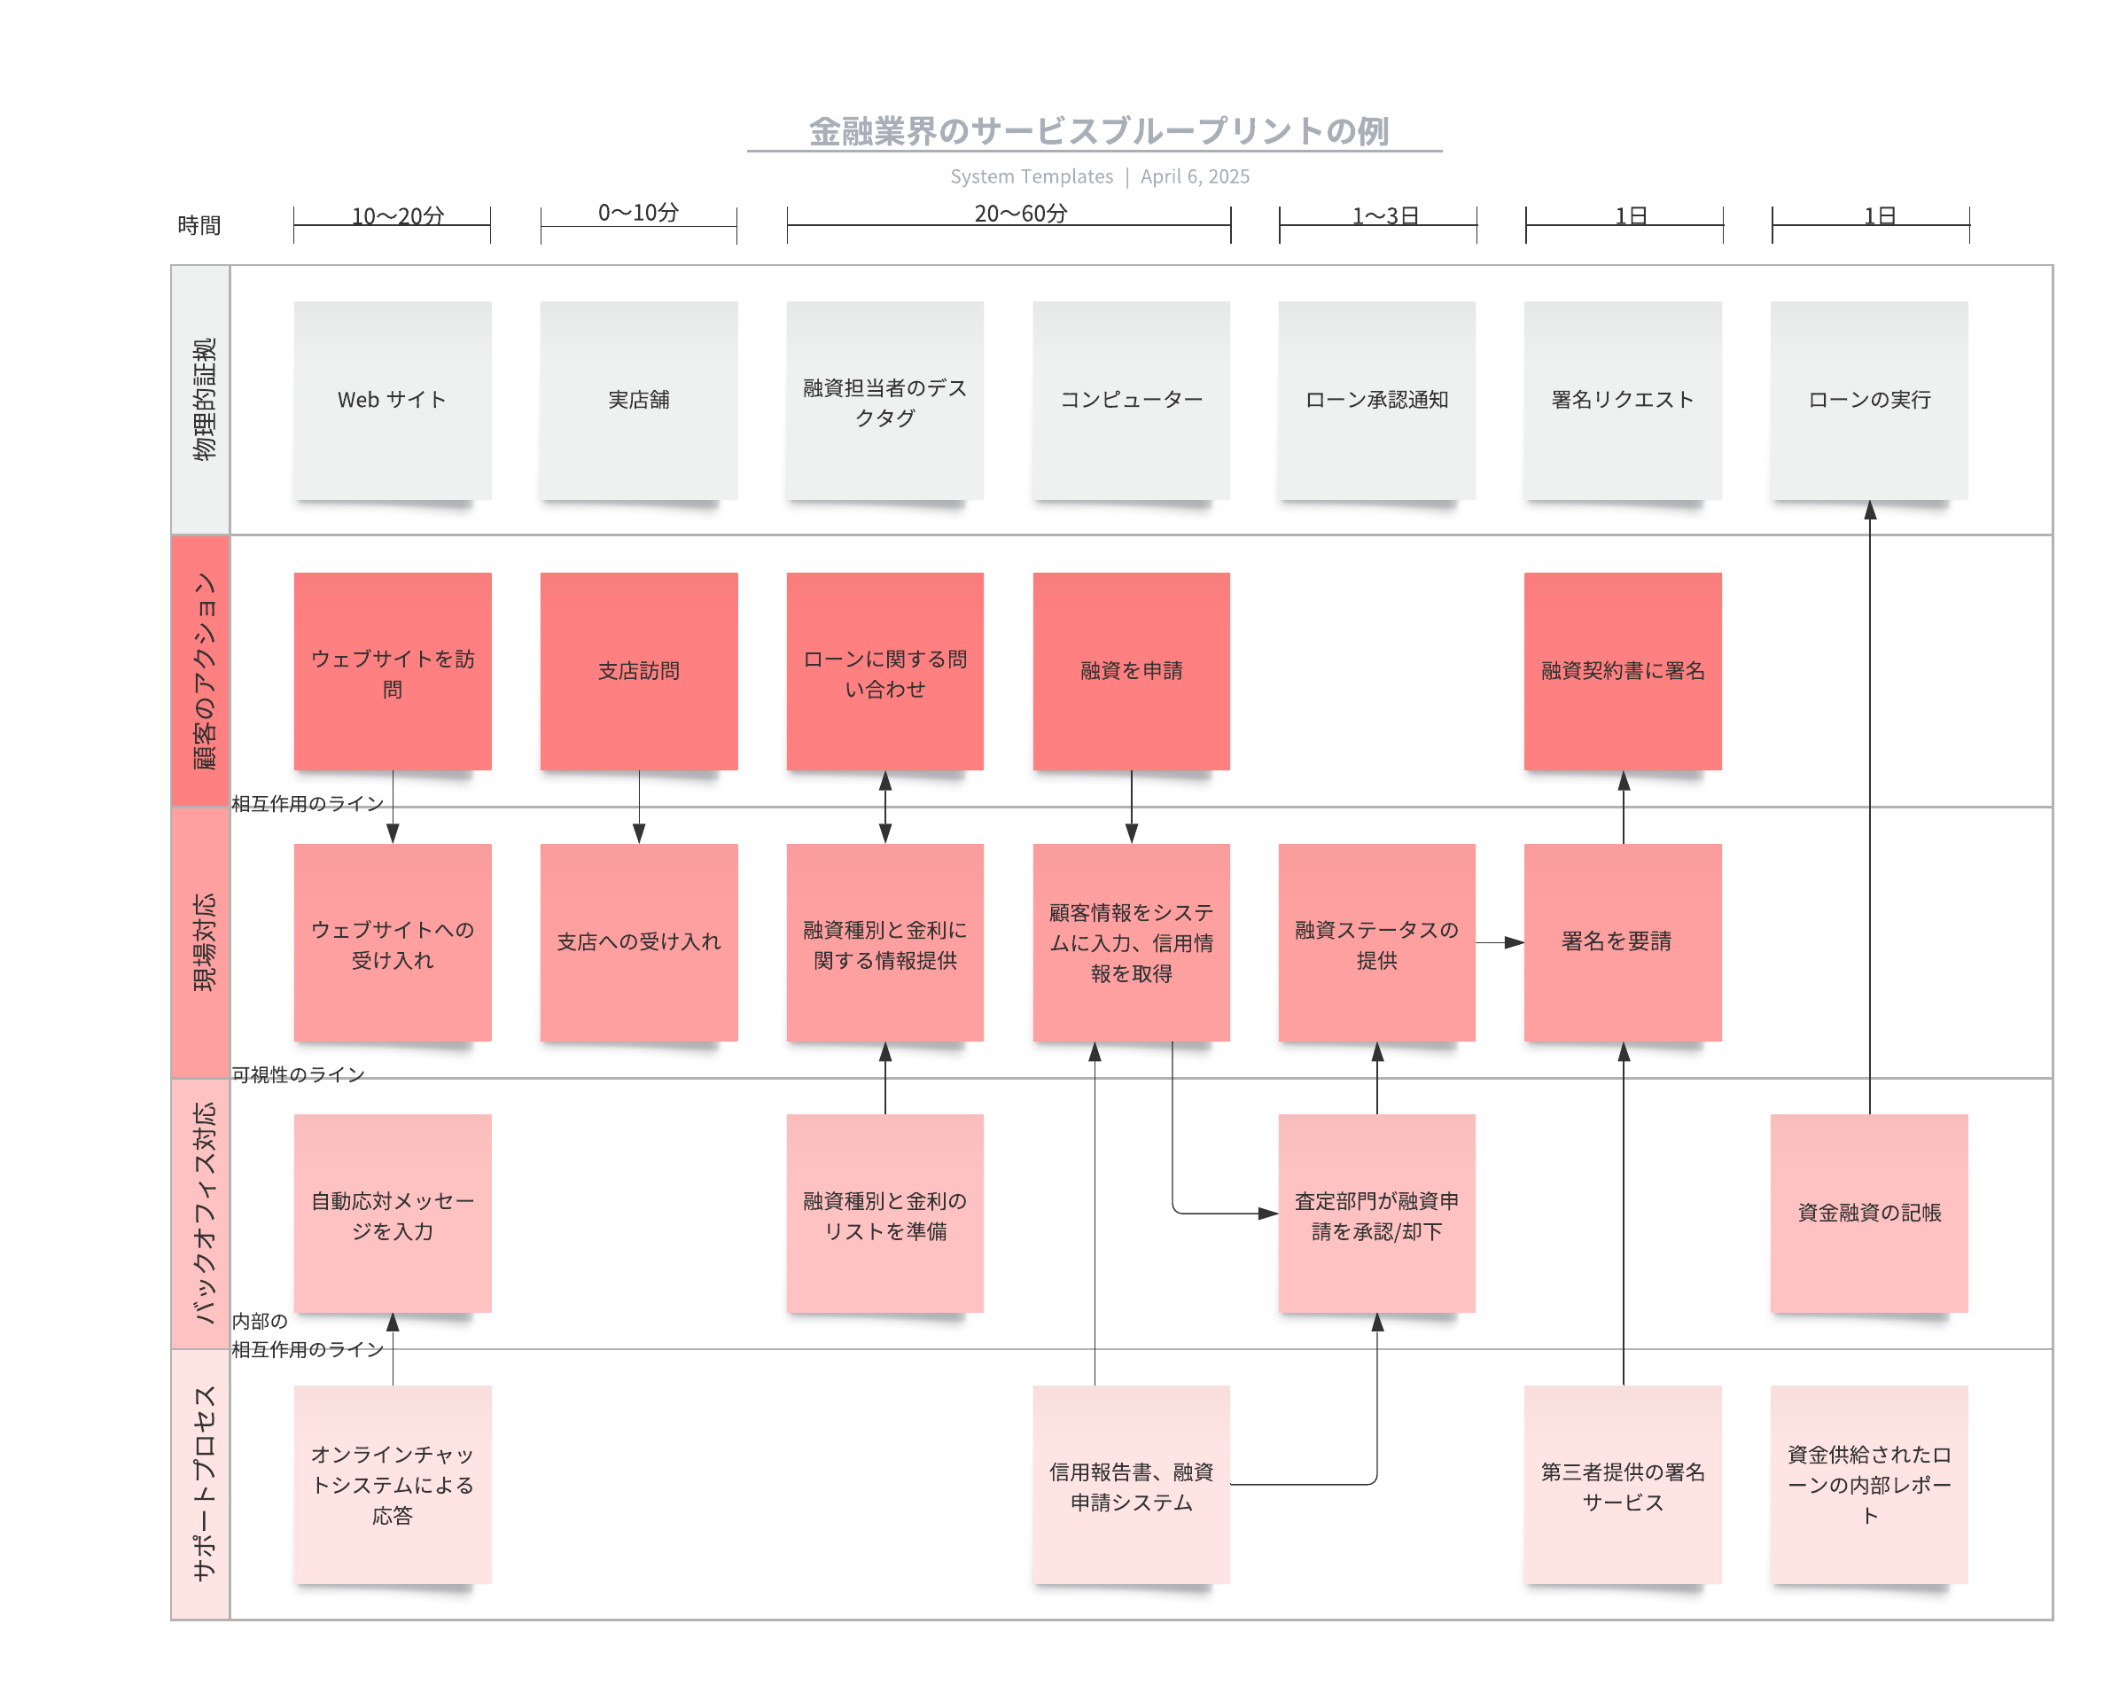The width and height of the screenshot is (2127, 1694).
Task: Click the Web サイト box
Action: [x=393, y=400]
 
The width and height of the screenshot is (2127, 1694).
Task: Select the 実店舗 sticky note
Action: [x=638, y=400]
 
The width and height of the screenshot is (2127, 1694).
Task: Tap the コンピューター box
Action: [x=1131, y=400]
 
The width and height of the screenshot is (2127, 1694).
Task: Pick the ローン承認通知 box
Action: [x=1376, y=400]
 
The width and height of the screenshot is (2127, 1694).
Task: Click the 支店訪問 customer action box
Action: [x=638, y=671]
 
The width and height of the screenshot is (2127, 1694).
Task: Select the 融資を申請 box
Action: [x=1131, y=671]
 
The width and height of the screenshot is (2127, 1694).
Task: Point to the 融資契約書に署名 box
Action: [x=1622, y=671]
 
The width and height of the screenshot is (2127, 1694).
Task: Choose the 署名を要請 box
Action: [x=1622, y=941]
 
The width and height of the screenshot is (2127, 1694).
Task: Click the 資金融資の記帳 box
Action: [x=1868, y=1213]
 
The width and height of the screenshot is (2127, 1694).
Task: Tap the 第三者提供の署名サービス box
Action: [x=1622, y=1484]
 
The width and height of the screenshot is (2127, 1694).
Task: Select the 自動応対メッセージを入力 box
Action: [x=393, y=1213]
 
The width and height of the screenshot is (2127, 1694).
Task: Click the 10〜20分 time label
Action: [x=398, y=215]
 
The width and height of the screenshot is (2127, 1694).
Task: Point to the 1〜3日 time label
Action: [x=1384, y=215]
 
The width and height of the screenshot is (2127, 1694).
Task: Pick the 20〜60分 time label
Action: [x=1020, y=213]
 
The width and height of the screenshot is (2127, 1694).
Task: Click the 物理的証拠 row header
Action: [x=201, y=400]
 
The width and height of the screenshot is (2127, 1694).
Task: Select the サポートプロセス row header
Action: [x=201, y=1484]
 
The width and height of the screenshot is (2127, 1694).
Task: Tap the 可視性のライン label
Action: [x=298, y=1073]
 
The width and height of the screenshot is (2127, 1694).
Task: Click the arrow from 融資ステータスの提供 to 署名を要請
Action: [x=1500, y=942]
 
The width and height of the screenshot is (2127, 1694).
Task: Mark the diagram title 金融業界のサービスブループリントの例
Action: [x=1098, y=130]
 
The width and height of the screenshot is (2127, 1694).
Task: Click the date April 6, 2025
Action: [x=1195, y=176]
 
